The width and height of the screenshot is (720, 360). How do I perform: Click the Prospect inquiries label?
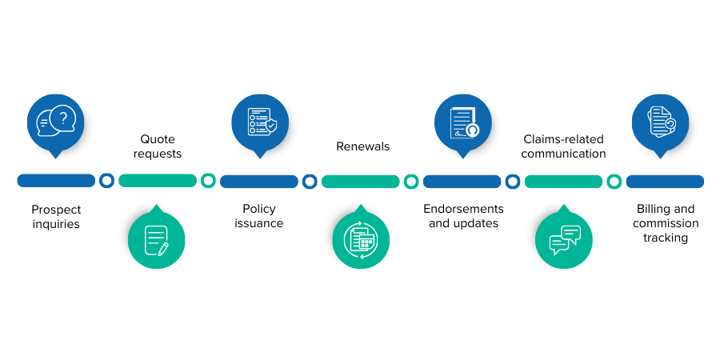[x=56, y=217]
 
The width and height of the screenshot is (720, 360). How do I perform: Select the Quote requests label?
[x=158, y=146]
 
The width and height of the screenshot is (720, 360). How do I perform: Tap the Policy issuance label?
[x=258, y=217]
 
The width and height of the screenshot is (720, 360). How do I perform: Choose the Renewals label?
[x=362, y=146]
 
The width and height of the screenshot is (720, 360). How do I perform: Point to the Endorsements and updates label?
[x=463, y=216]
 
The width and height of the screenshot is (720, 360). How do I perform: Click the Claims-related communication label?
[x=564, y=146]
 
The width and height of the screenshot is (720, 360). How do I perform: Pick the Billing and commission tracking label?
[x=666, y=223]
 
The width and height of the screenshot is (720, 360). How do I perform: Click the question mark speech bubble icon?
[x=56, y=122]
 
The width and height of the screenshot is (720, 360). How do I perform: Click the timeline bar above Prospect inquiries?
[x=56, y=181]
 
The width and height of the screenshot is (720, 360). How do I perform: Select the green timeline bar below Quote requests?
[x=158, y=181]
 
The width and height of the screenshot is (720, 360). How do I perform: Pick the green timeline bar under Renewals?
[x=360, y=181]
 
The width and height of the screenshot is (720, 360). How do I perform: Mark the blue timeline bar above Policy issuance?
[x=258, y=181]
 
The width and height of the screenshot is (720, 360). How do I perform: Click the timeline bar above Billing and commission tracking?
[x=665, y=181]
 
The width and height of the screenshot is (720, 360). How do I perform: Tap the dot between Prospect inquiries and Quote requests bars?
[x=107, y=181]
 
